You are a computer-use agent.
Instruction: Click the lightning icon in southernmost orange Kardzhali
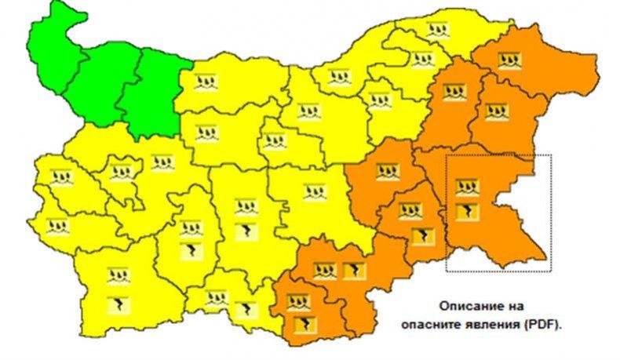[x=299, y=323]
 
